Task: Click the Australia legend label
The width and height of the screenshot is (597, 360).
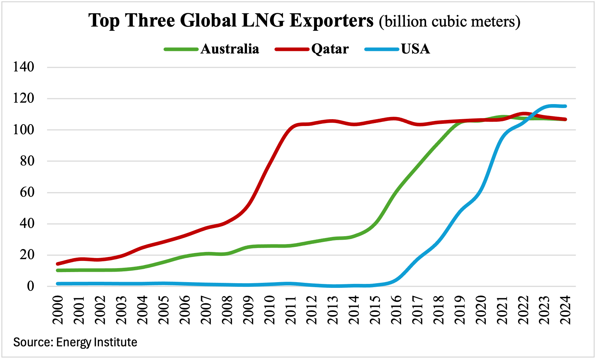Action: tap(230, 49)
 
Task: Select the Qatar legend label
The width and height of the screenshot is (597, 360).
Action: tap(330, 49)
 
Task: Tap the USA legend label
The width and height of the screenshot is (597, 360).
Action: tap(415, 49)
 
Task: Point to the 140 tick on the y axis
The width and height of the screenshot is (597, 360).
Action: tap(24, 67)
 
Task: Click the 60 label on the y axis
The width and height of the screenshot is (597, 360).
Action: tap(27, 192)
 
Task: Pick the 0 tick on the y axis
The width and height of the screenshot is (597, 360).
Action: tap(31, 286)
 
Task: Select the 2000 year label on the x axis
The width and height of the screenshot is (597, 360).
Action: tap(58, 310)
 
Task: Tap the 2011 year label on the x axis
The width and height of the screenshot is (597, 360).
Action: tap(291, 310)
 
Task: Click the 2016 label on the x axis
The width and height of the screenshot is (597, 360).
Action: tap(396, 310)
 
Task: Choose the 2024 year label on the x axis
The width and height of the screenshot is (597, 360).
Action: tap(566, 310)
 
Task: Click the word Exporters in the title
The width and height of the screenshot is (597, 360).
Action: tap(332, 20)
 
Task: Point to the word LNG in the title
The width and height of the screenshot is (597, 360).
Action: tap(263, 20)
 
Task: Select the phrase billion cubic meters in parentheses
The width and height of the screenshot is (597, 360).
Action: tap(450, 22)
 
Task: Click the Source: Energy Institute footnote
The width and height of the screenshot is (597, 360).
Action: tap(75, 342)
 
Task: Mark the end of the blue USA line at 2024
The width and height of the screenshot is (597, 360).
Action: tap(565, 106)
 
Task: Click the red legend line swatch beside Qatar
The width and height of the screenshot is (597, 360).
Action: tap(291, 49)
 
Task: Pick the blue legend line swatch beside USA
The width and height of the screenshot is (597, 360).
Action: tap(382, 49)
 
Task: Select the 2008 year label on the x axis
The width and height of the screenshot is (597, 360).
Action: tap(227, 310)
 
